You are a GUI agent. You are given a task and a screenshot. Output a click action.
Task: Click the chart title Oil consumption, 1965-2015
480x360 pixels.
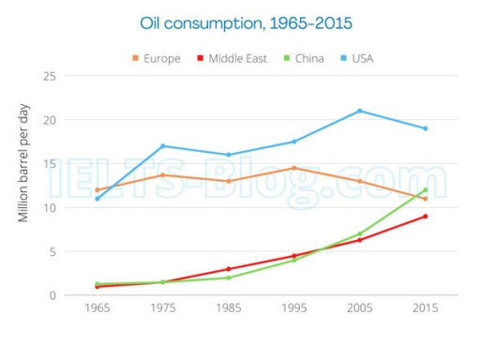[239, 21]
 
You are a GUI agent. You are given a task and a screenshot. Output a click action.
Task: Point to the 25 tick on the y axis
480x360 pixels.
[48, 76]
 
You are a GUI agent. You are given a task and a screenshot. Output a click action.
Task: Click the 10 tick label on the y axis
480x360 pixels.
[48, 207]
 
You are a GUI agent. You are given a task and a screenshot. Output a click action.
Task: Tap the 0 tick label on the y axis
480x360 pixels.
[51, 295]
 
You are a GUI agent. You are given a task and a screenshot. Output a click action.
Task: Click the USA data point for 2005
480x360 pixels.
[360, 111]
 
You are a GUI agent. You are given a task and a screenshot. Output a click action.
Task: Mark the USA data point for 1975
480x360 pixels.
[163, 145]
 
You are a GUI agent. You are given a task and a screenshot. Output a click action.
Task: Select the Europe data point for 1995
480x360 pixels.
[294, 168]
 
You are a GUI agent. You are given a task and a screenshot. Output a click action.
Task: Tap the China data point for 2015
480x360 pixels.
[426, 189]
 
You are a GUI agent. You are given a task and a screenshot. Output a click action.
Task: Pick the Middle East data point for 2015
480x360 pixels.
[426, 216]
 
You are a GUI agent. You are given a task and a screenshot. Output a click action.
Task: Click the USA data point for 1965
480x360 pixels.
[97, 198]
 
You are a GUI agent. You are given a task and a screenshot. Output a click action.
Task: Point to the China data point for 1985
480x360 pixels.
[229, 277]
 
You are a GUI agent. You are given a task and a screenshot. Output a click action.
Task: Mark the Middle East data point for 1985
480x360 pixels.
[229, 269]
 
